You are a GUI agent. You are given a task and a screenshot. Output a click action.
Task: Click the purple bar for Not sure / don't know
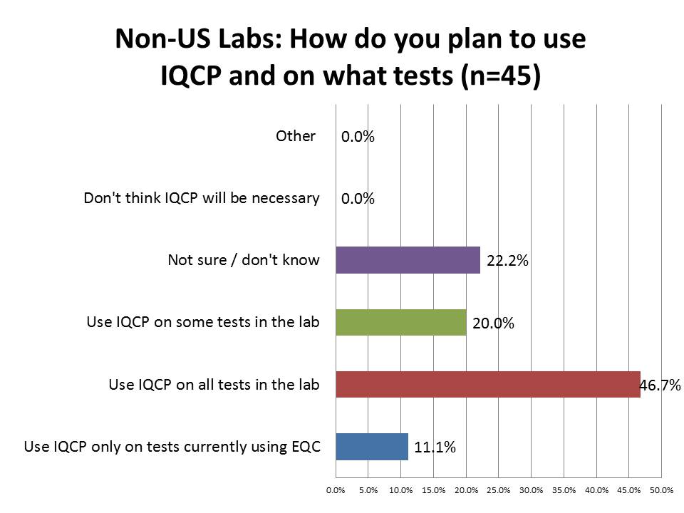coord(408,260)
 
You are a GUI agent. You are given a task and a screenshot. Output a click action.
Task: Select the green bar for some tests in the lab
coord(400,323)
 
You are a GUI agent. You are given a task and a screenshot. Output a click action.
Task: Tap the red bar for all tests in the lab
coord(487,385)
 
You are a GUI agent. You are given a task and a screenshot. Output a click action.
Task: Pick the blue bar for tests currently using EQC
coord(371,447)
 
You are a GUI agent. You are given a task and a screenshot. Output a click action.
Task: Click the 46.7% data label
coord(660,385)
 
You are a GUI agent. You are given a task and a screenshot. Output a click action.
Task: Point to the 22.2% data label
coord(507,261)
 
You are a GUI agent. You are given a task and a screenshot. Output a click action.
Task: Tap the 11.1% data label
coord(435,447)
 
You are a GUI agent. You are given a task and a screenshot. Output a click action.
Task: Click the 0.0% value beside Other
coord(358,137)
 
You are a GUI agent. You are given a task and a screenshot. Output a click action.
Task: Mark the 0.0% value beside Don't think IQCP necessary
coord(358,199)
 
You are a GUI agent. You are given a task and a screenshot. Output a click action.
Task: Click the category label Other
coord(296,135)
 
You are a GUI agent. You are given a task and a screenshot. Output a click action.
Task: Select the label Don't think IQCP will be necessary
coord(202,198)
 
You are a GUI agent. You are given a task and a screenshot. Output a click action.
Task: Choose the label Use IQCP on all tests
coord(214,385)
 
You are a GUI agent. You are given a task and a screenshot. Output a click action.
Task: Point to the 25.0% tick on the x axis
coord(499,490)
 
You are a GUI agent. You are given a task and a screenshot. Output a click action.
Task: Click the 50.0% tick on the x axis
coord(662,490)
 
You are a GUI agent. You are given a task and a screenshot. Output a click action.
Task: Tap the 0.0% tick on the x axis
coord(335,490)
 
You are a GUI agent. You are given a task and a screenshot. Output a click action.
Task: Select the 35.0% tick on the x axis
coord(564,490)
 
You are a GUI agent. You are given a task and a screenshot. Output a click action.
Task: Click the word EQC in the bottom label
coord(306,447)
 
